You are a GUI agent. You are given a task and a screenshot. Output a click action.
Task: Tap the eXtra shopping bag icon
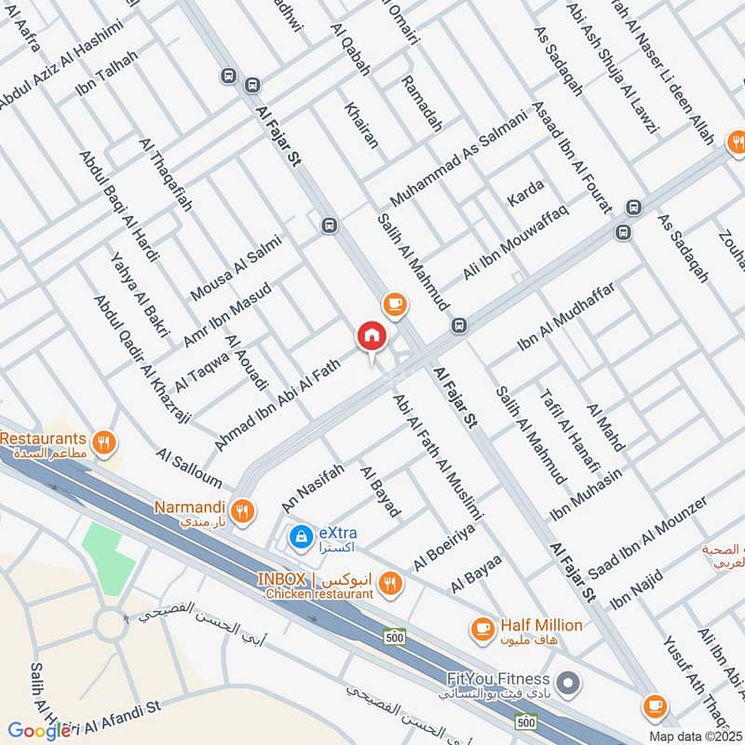(x=300, y=536)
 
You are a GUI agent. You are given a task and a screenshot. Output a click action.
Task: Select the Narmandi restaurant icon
(x=243, y=509)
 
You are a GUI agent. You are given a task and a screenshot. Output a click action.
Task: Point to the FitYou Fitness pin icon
(x=569, y=685)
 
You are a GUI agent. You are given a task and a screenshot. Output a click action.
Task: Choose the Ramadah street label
(x=421, y=102)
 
